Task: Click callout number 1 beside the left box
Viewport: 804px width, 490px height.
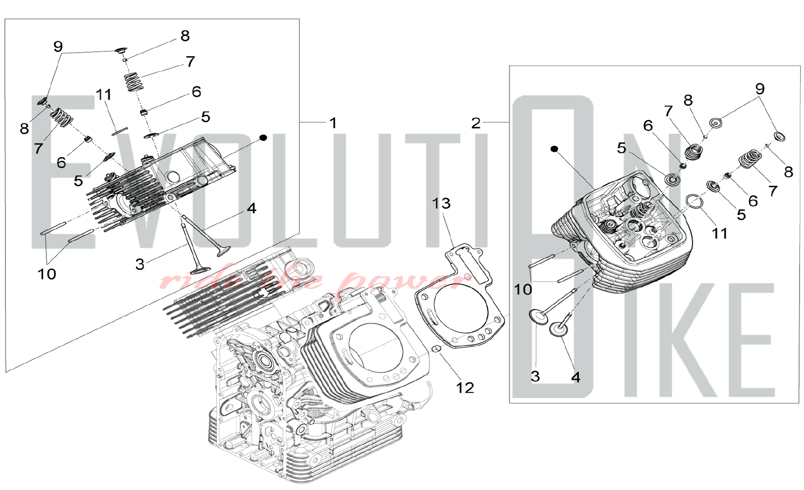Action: tap(333, 123)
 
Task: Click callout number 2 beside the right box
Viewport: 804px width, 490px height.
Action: tap(476, 123)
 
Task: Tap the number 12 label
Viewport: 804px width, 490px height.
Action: tap(465, 388)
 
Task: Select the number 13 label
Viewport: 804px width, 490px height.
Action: tap(441, 203)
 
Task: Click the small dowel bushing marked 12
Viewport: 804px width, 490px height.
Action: tap(437, 348)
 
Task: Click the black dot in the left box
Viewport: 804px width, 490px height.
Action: tap(263, 138)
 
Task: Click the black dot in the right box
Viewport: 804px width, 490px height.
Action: tap(554, 149)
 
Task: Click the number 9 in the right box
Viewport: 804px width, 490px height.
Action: tap(759, 89)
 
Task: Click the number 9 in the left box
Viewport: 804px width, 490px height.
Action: tap(58, 47)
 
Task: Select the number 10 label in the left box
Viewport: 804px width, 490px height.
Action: tap(47, 274)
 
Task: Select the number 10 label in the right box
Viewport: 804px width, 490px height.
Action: tap(523, 289)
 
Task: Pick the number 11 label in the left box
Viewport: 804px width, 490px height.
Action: tap(104, 95)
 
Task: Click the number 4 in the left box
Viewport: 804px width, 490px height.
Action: tap(251, 208)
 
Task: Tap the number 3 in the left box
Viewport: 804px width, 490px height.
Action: tap(139, 264)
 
